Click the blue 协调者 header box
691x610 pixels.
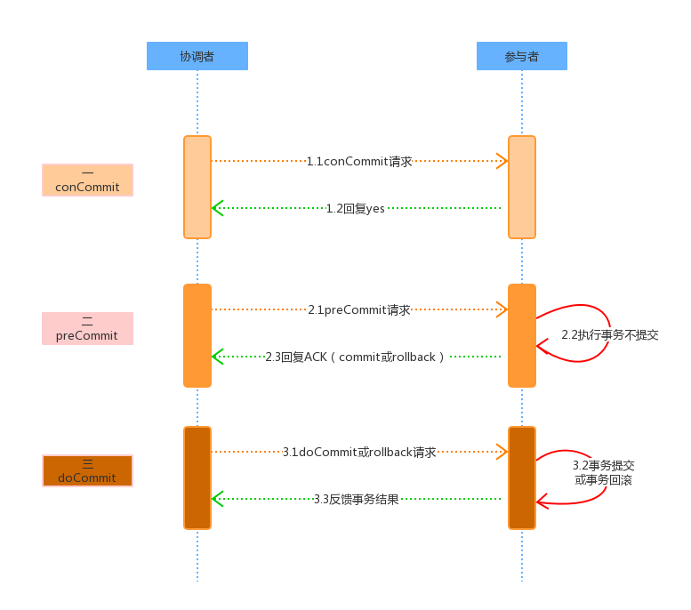tap(197, 56)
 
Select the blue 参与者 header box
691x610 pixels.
tap(521, 56)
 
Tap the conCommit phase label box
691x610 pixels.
tap(87, 180)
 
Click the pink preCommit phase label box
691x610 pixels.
tap(87, 328)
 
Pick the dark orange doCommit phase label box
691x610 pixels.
tap(87, 470)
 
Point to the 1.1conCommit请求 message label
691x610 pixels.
tap(359, 162)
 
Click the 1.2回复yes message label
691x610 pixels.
tap(355, 208)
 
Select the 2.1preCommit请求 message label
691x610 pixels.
tap(359, 310)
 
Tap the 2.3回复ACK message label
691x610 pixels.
tap(355, 357)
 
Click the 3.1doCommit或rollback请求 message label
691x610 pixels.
tap(359, 452)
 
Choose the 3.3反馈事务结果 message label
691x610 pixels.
tap(356, 499)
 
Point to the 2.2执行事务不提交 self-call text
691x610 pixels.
tap(609, 335)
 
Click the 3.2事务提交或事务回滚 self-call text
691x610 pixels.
tap(603, 472)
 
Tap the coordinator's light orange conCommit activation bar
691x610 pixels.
tap(197, 187)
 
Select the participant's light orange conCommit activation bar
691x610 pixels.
tap(522, 187)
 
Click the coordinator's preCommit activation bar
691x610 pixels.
tap(197, 335)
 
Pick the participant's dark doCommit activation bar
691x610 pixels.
tap(522, 478)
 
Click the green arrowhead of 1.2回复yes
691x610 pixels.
tap(217, 208)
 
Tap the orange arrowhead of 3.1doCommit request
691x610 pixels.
tap(502, 452)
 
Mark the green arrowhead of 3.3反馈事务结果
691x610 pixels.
tap(217, 499)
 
